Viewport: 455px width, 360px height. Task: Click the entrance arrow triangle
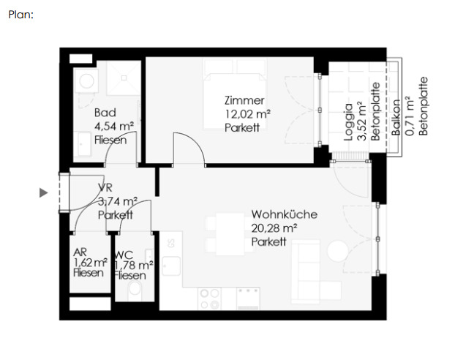(x=44, y=192)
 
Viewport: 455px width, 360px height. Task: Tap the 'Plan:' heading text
(x=21, y=15)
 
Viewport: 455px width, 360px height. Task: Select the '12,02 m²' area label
(x=247, y=114)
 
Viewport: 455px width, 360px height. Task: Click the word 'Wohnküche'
(x=284, y=214)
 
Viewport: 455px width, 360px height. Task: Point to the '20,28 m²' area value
(x=274, y=228)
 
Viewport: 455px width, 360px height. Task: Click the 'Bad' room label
(x=105, y=113)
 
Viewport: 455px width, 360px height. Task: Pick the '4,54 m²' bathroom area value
(x=114, y=127)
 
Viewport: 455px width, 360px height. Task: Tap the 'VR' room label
(x=105, y=187)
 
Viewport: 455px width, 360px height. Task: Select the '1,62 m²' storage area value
(x=91, y=263)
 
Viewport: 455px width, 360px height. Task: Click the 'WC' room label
(x=124, y=255)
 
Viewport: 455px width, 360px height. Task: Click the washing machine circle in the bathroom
(x=86, y=80)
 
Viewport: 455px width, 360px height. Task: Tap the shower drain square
(x=124, y=78)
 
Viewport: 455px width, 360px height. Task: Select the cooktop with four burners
(x=209, y=299)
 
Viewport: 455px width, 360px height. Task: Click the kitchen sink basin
(x=170, y=266)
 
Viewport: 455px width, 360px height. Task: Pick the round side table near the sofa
(x=338, y=252)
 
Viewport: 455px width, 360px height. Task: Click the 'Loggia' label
(x=348, y=122)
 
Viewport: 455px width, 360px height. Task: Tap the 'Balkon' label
(x=396, y=117)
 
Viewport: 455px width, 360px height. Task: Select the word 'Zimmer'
(x=244, y=100)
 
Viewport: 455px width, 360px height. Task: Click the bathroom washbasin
(x=83, y=144)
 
